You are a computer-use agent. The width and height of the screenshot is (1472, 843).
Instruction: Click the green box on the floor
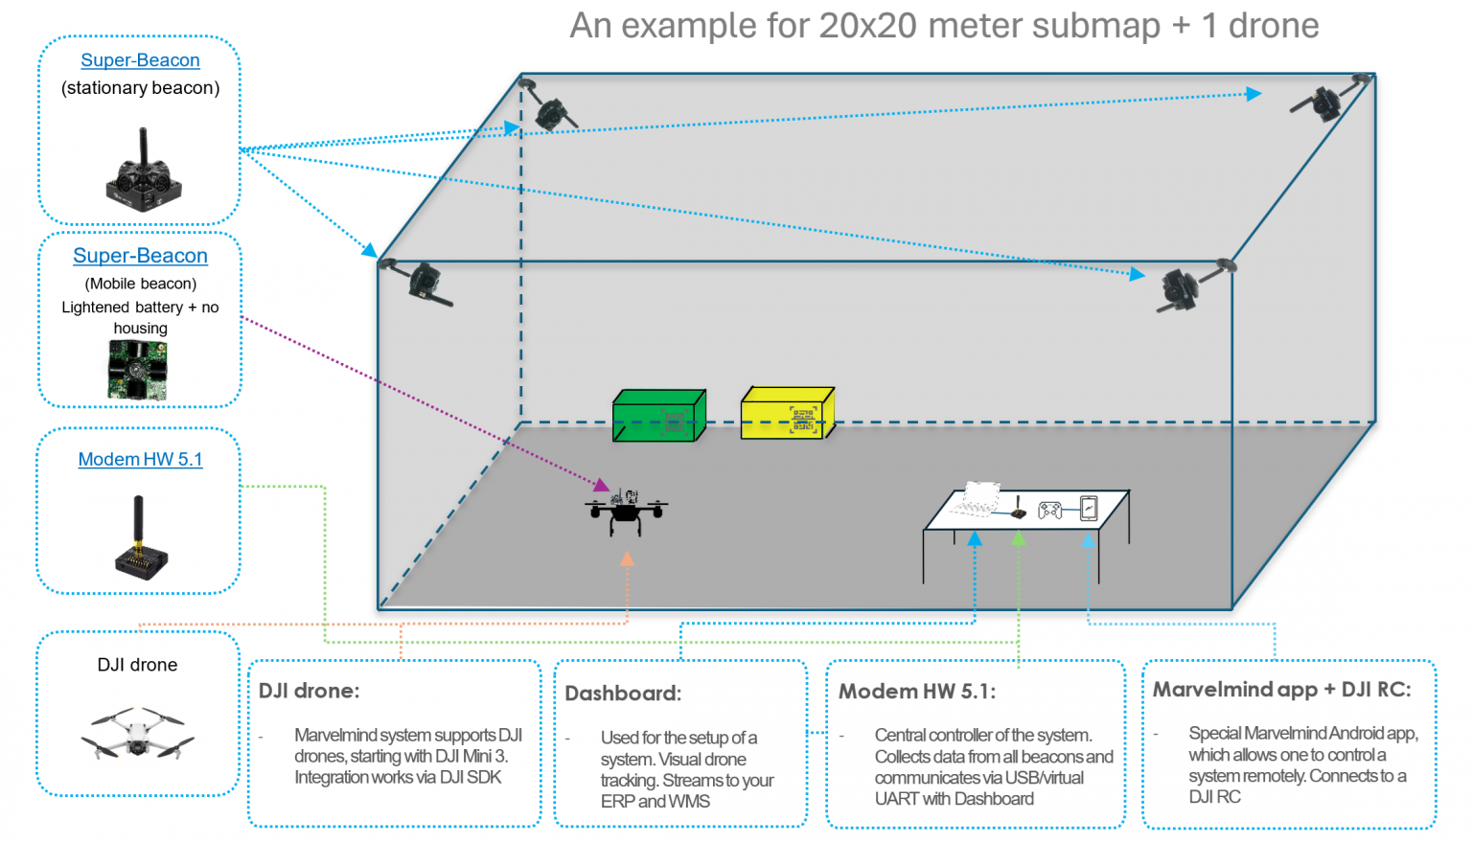(x=659, y=415)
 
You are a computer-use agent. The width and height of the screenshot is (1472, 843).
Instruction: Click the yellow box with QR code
(x=788, y=413)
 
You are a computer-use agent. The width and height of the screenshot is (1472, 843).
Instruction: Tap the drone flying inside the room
(x=626, y=512)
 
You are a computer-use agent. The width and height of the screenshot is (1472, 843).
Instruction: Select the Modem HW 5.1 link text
(x=140, y=459)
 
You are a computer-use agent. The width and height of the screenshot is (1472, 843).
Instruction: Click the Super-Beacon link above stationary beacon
(x=140, y=59)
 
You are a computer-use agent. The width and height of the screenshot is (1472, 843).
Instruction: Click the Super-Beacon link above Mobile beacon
(x=140, y=255)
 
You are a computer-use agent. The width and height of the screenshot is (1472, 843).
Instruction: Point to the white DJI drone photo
(x=137, y=734)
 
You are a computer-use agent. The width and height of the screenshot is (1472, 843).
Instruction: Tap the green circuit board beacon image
(x=137, y=370)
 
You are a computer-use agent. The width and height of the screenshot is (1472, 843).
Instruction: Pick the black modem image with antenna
(x=141, y=538)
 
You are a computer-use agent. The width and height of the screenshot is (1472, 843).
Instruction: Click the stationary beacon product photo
(x=143, y=171)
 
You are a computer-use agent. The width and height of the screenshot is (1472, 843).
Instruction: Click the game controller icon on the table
(x=1049, y=510)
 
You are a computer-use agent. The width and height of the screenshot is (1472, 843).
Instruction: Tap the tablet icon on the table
(x=1089, y=509)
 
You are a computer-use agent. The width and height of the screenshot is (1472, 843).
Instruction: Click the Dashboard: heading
(x=623, y=694)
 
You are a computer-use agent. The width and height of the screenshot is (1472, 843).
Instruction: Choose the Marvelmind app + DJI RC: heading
(x=1282, y=690)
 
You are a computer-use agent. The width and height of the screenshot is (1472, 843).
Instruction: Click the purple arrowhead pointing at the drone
(x=601, y=485)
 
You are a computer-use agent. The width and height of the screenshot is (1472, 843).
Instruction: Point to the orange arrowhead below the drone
(x=628, y=558)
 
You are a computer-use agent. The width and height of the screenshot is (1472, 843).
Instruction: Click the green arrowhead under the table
(x=1019, y=538)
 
